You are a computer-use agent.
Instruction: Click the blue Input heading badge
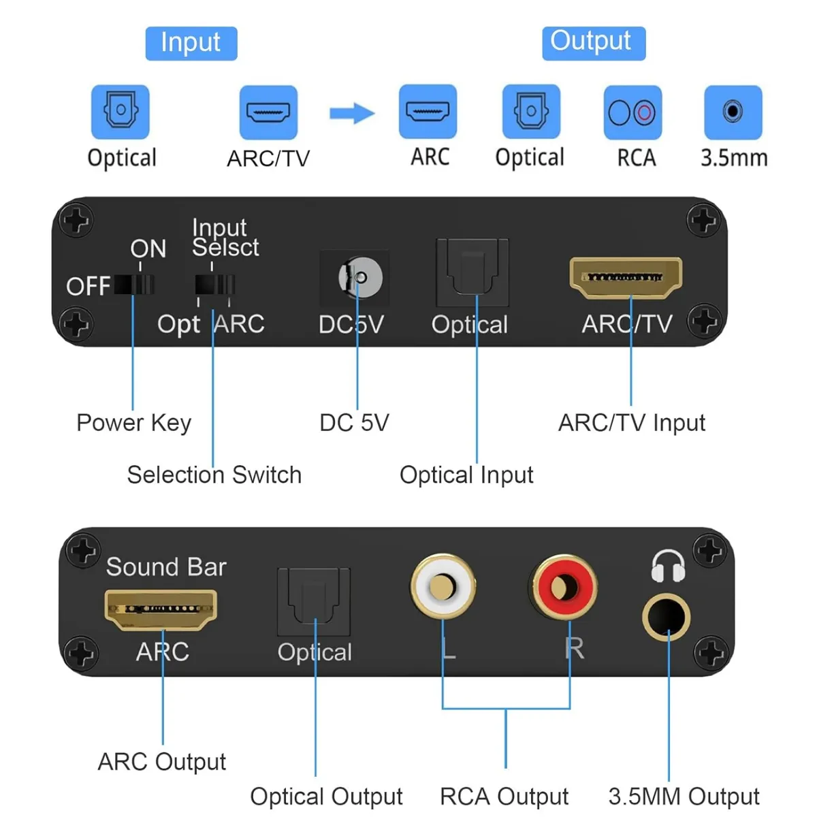[x=191, y=44]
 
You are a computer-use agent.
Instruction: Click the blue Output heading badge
[x=593, y=42]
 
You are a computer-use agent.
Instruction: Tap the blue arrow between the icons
[x=352, y=113]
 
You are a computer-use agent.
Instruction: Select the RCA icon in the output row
[x=632, y=112]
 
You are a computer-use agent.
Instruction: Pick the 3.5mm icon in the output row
[x=733, y=112]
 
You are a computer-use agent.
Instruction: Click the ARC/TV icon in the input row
[x=268, y=112]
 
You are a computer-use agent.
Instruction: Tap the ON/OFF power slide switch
[x=134, y=284]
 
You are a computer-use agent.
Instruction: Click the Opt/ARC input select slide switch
[x=214, y=284]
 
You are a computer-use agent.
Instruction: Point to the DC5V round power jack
[x=359, y=278]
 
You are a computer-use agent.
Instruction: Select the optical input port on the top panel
[x=472, y=272]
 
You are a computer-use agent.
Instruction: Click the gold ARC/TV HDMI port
[x=626, y=278]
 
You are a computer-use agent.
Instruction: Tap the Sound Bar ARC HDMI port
[x=161, y=609]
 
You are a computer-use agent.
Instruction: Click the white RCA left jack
[x=443, y=586]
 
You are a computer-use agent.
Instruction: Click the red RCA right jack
[x=564, y=587]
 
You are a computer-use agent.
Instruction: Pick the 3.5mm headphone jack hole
[x=667, y=618]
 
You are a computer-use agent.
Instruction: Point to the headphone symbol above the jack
[x=667, y=566]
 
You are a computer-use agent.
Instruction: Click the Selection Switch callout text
[x=214, y=475]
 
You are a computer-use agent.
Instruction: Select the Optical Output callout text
[x=326, y=796]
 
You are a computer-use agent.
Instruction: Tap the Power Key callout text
[x=133, y=423]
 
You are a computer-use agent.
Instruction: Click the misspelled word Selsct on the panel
[x=225, y=248]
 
